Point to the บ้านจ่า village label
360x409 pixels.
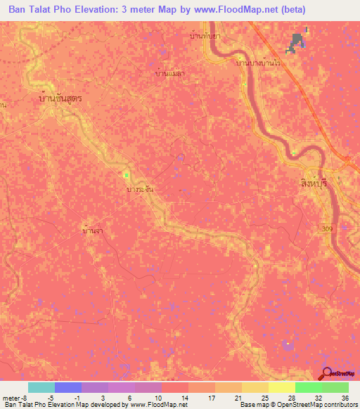coord(94,229)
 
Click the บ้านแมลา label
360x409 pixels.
coord(169,72)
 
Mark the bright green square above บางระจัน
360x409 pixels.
coord(127,175)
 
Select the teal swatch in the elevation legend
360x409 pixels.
coord(41,387)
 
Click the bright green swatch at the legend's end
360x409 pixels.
coord(335,387)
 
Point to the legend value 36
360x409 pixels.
coord(344,398)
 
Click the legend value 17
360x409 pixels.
coord(211,398)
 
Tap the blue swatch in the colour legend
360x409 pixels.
coord(67,387)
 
